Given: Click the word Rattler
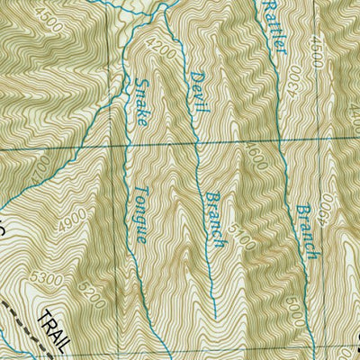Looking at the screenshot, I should (x=273, y=27).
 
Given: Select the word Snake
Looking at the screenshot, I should (x=144, y=101).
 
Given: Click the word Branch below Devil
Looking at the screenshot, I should (x=213, y=220).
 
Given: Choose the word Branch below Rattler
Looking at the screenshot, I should (x=305, y=230).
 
